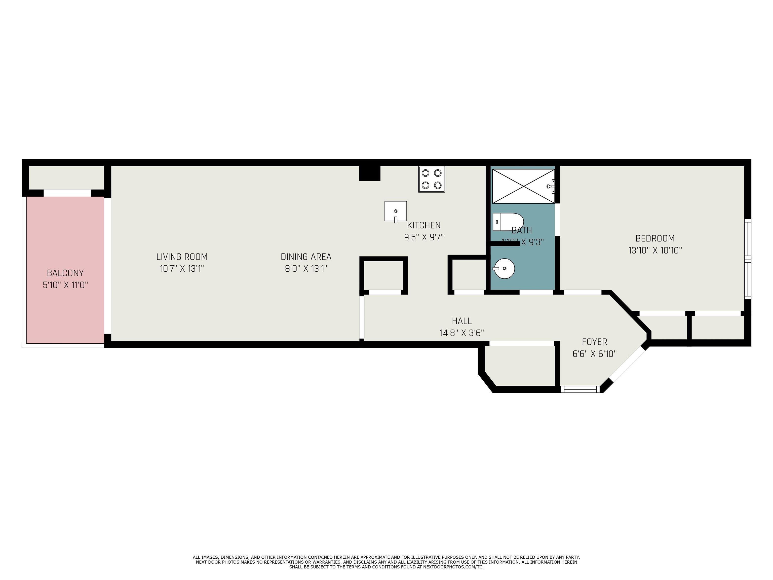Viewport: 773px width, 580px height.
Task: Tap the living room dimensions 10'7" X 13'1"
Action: click(x=182, y=269)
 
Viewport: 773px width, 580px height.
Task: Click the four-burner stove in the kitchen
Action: click(x=432, y=179)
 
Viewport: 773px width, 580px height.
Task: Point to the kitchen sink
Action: click(x=396, y=211)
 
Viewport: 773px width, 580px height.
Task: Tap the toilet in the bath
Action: click(x=508, y=222)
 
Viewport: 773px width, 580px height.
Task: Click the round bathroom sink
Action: click(x=504, y=269)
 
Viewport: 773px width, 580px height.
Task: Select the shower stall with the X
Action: click(x=523, y=186)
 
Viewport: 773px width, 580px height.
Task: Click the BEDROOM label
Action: click(x=655, y=238)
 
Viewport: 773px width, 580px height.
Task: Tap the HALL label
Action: click(x=462, y=321)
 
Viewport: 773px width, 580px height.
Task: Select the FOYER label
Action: click(x=594, y=342)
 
